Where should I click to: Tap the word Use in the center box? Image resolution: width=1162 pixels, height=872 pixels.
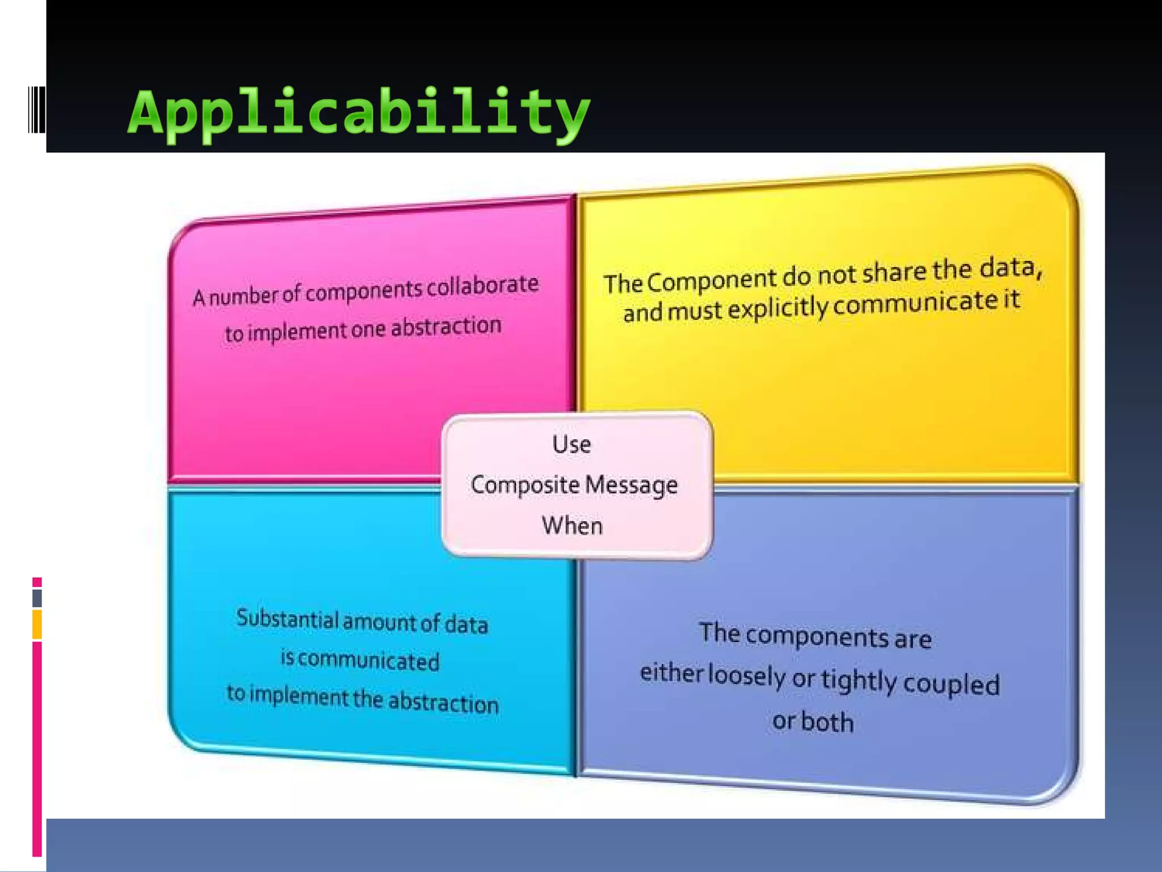tap(571, 445)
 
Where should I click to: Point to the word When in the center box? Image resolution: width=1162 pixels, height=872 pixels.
tap(572, 526)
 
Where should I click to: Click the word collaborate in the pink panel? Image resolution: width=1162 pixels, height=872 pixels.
tap(482, 286)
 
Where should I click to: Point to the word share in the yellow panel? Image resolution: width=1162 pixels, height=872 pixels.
tap(894, 272)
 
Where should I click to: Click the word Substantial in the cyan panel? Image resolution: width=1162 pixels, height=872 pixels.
tap(287, 618)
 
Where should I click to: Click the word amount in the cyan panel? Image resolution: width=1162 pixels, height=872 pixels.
tap(380, 622)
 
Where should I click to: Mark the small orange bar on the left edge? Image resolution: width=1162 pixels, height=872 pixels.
tap(37, 624)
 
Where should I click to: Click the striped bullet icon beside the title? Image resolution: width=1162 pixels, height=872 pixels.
tap(36, 110)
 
